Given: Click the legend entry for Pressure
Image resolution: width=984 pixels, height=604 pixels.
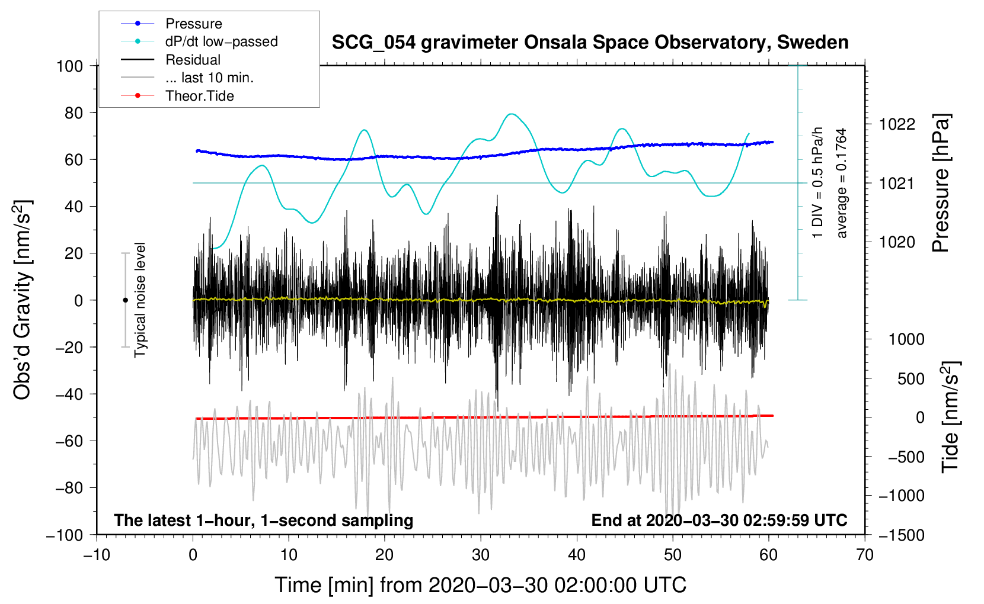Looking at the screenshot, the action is click(x=172, y=23).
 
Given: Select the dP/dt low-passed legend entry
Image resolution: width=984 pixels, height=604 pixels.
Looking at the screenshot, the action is click(x=199, y=41).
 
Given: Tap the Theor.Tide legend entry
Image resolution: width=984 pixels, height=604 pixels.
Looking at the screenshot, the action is click(x=177, y=96).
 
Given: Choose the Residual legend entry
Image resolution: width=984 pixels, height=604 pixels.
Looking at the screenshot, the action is click(x=171, y=60).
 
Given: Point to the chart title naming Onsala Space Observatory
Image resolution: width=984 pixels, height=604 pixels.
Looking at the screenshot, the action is click(x=590, y=43).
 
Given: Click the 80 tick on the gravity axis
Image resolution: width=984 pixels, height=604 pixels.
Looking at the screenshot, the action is click(x=74, y=113).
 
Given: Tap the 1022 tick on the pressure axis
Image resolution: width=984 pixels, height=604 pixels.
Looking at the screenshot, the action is click(x=897, y=125).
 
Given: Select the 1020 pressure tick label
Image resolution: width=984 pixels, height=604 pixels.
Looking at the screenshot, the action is click(x=897, y=242).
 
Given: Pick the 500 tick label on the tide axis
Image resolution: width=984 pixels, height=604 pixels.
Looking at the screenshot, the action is click(x=910, y=379).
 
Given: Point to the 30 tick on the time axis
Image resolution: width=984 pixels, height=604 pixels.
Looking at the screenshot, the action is click(x=481, y=555).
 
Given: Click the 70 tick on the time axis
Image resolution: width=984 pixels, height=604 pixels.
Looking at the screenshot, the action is click(x=864, y=555).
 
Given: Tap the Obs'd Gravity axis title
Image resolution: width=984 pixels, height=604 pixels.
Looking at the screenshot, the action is click(x=22, y=300).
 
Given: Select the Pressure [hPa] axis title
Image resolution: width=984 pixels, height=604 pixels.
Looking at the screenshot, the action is click(x=941, y=184).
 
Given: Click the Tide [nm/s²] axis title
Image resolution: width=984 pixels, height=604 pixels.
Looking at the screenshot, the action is click(x=951, y=417).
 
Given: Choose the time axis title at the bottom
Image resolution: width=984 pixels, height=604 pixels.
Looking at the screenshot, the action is click(x=481, y=586).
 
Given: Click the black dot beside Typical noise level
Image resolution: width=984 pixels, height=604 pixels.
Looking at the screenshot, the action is click(x=125, y=300).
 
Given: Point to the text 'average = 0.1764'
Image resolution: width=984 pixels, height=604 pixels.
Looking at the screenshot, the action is click(x=841, y=184).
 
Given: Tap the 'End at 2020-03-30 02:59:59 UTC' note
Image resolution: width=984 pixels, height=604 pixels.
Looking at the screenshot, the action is click(x=720, y=520).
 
